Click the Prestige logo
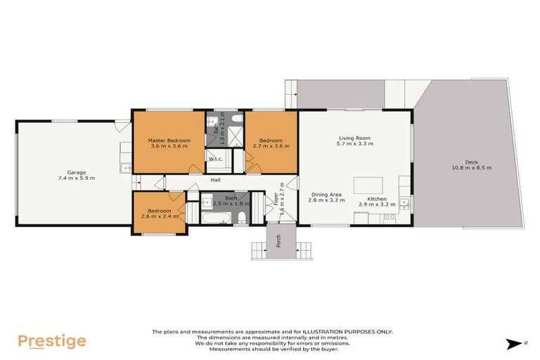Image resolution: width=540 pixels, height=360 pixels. pos(52,342)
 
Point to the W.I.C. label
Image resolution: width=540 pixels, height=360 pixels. pos(216,159)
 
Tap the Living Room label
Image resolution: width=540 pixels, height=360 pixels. pos(354,138)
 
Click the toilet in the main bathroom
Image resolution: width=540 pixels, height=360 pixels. pos(240,216)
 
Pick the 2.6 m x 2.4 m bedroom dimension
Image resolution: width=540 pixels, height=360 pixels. pos(159,216)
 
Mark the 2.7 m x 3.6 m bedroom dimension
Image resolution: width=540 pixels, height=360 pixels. pos(270,146)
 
